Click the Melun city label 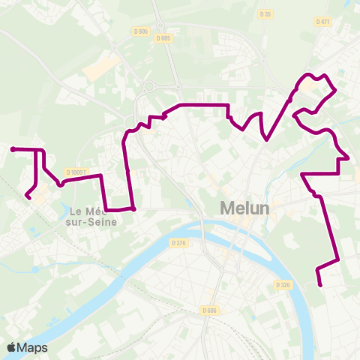(x=244, y=208)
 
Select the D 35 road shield (x=264, y=13)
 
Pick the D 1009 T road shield (x=76, y=172)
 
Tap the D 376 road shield (x=178, y=243)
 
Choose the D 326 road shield (x=282, y=285)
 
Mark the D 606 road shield (x=209, y=310)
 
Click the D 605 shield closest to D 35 (x=166, y=37)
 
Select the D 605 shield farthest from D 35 (x=140, y=31)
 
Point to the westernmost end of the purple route (x=13, y=149)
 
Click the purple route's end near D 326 (x=320, y=285)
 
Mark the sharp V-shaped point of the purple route (x=266, y=139)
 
